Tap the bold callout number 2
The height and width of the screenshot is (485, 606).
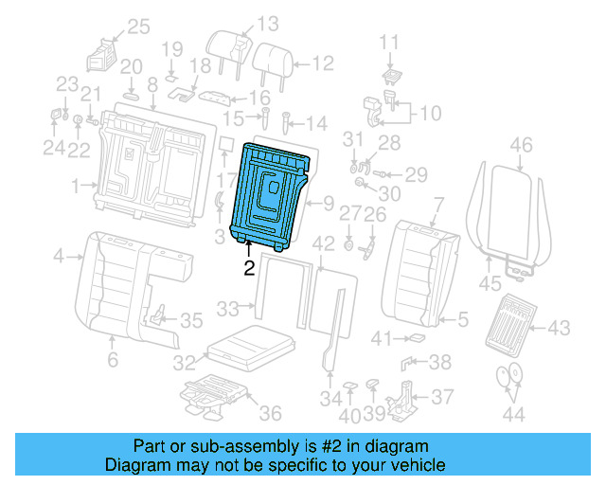pyautogui.click(x=249, y=267)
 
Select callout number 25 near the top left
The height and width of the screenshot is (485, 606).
pyautogui.click(x=138, y=27)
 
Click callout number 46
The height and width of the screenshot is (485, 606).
pyautogui.click(x=521, y=145)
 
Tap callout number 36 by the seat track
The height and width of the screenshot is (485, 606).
pyautogui.click(x=271, y=413)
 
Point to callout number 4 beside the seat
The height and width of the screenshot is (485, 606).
pyautogui.click(x=59, y=256)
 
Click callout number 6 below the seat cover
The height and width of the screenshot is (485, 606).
pyautogui.click(x=113, y=360)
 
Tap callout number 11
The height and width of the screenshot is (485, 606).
pyautogui.click(x=390, y=41)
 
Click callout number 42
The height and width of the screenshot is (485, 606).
pyautogui.click(x=324, y=243)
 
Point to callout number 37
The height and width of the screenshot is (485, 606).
pyautogui.click(x=441, y=397)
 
